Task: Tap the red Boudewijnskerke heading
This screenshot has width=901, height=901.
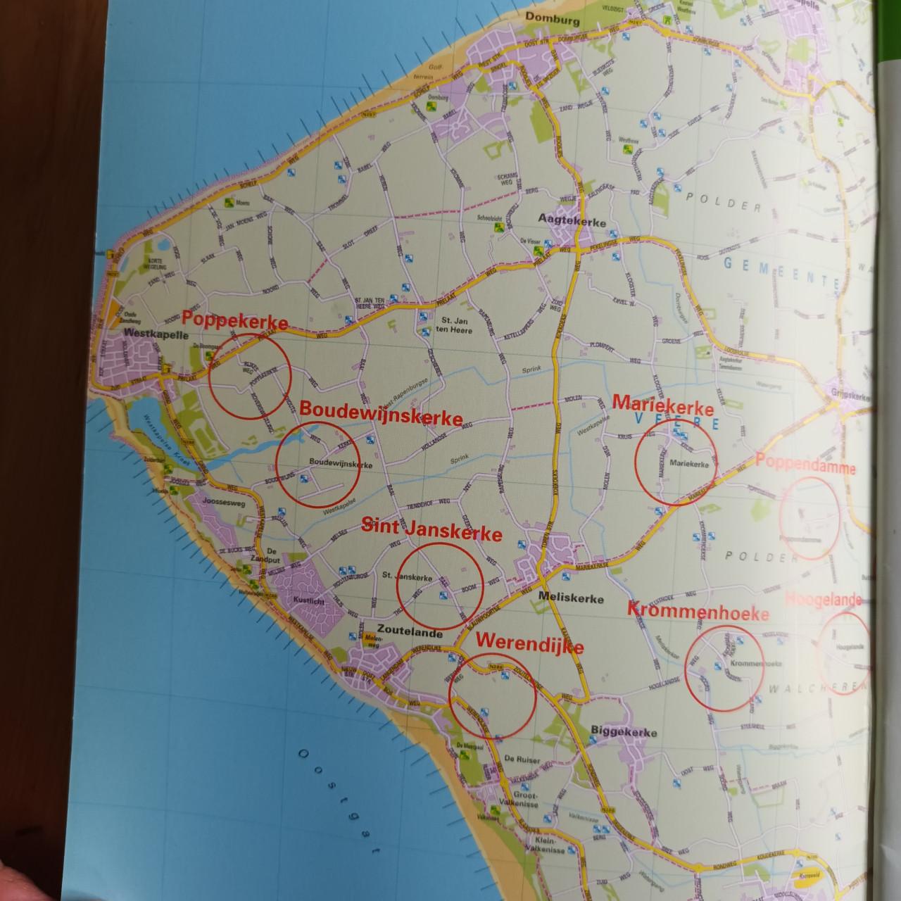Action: coord(382,412)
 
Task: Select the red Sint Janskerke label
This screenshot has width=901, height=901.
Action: coord(431,530)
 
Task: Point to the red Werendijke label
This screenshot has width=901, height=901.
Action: coord(530,643)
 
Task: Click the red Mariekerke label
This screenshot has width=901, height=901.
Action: coord(663,405)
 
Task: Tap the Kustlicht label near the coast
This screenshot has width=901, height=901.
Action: coord(309,600)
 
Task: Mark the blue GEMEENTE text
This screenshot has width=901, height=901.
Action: coord(781,271)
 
